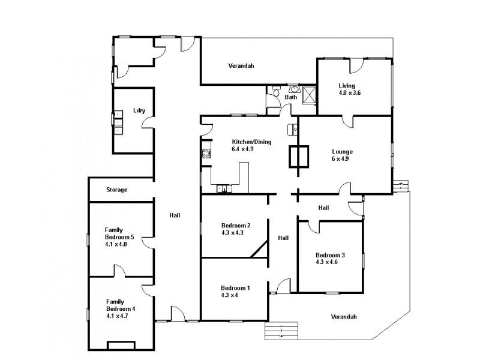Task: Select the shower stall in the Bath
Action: pos(309,95)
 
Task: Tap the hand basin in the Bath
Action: pos(292,88)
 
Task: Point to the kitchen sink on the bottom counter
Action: pos(225,189)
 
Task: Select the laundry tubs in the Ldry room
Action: pos(118,125)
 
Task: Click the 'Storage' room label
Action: pos(116,190)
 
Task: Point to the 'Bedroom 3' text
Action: pos(329,254)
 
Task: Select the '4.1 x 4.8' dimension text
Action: pos(118,245)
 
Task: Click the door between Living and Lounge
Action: pos(347,121)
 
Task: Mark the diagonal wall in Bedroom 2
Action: pos(259,249)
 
